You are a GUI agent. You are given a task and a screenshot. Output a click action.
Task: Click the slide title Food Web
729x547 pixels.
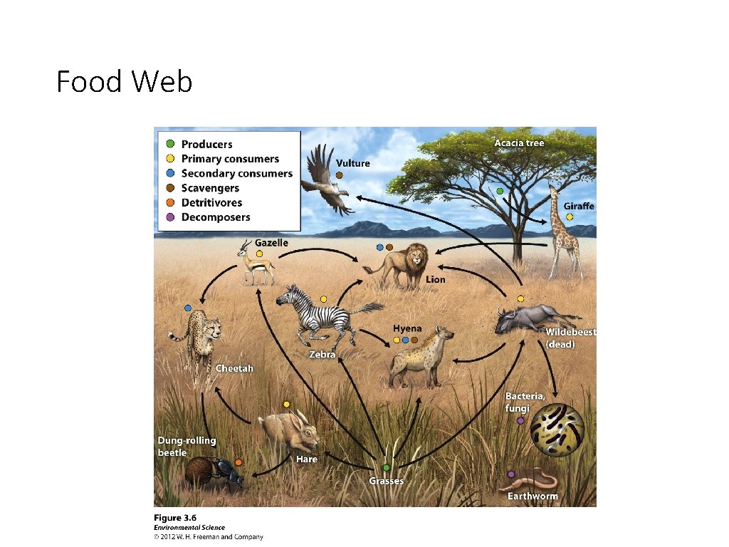coord(125,82)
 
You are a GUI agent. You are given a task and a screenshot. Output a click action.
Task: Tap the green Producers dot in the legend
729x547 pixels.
coord(169,145)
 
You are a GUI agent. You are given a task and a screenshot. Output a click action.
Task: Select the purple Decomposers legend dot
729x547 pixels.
coord(169,217)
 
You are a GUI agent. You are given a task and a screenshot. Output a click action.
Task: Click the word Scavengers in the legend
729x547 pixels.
coord(210,188)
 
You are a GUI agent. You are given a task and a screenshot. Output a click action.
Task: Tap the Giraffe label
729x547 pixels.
coord(579,206)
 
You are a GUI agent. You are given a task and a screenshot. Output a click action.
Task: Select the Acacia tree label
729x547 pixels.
coord(519,143)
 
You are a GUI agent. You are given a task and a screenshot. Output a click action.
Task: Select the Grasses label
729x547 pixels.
coord(386,481)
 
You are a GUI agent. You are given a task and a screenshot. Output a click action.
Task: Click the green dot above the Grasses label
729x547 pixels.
coord(386,467)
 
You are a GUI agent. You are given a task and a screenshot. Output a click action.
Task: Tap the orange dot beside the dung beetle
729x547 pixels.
coord(238,462)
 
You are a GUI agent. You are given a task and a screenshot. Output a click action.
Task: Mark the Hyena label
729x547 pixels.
coord(407,328)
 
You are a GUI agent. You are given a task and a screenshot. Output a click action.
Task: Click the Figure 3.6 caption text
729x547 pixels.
coord(175,518)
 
